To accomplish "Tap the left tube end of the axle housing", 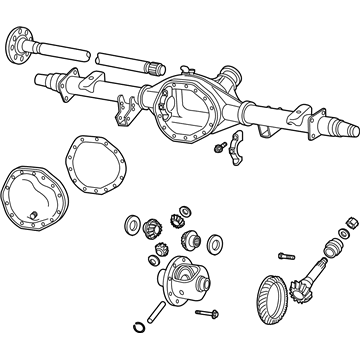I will (41, 77).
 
